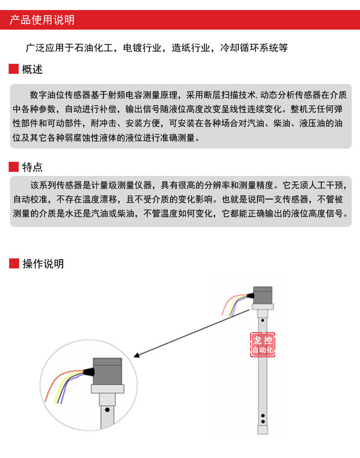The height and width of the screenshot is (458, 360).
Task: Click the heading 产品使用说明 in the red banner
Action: coord(42,20)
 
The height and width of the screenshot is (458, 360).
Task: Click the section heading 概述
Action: coord(32,69)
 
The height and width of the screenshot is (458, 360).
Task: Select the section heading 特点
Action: coord(32,167)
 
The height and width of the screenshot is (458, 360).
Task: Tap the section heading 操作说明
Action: coord(43,263)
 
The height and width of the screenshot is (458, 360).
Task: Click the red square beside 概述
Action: coord(14,69)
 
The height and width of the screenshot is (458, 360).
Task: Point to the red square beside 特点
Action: coord(14,167)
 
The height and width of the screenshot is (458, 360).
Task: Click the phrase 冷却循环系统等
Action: coord(254,47)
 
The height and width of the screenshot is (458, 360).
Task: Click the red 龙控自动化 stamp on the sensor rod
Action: coord(262,345)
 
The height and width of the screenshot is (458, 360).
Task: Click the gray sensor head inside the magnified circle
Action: coord(108,371)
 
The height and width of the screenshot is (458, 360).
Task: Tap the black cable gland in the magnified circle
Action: coord(88,372)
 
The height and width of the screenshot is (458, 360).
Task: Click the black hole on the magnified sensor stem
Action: coord(107,410)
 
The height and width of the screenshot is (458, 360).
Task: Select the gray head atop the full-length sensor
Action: coord(263,295)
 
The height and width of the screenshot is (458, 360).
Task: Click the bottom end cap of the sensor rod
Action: coord(262,430)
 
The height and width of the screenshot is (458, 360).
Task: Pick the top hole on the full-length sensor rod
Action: coord(262,320)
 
